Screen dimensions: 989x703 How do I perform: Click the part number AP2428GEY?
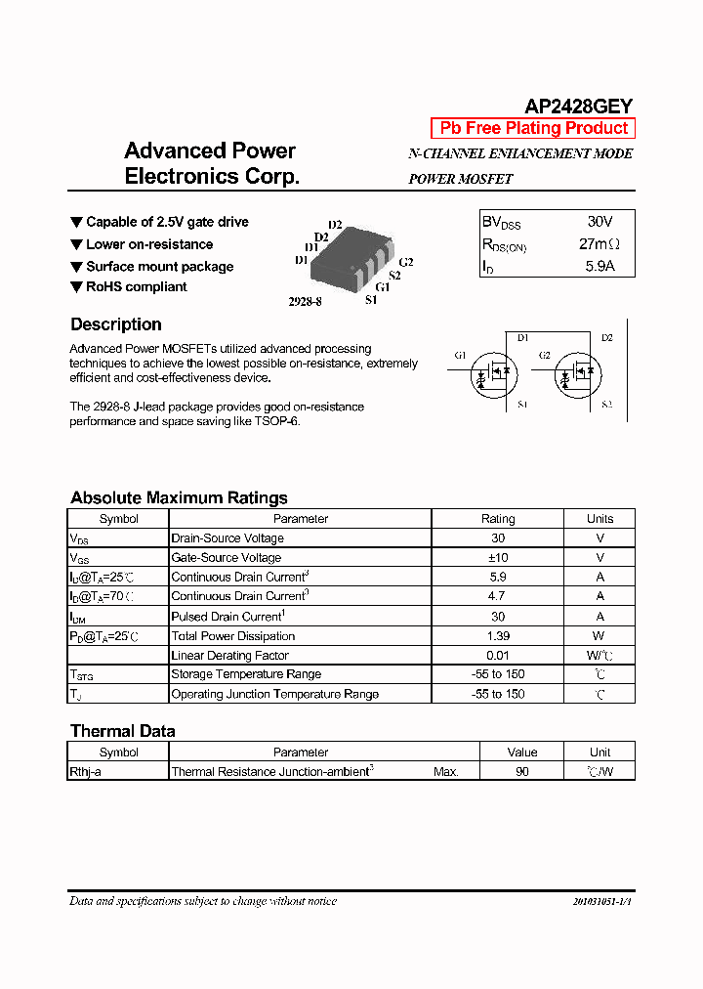tap(579, 106)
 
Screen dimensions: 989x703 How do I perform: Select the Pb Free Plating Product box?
tap(533, 128)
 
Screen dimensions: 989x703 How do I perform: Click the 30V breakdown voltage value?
tap(600, 222)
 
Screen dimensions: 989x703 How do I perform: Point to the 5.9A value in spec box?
tap(600, 266)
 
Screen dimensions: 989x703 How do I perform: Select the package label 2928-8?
tap(305, 302)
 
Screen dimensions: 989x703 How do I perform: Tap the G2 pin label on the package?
tap(406, 262)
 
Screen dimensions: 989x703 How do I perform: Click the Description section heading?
tap(116, 324)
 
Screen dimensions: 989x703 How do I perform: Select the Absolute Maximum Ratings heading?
tap(179, 497)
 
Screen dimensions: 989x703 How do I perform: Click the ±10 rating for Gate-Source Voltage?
tap(498, 557)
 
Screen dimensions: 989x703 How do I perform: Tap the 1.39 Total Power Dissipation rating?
tap(498, 635)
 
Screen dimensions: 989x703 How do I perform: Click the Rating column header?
tap(498, 519)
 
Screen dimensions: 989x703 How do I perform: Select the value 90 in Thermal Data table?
tap(522, 771)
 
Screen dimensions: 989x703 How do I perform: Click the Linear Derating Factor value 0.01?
tap(498, 655)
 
